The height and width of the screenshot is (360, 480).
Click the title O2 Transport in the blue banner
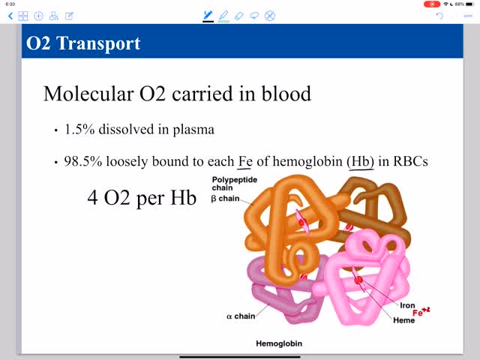point(83,43)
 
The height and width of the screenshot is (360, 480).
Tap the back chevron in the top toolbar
point(10,16)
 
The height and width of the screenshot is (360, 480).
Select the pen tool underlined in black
point(208,15)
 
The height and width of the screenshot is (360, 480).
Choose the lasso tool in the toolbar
point(254,15)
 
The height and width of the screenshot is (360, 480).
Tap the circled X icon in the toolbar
point(270,15)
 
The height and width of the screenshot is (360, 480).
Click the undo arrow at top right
point(440,15)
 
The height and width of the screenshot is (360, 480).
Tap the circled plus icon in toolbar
point(38,16)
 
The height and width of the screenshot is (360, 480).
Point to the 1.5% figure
point(78,130)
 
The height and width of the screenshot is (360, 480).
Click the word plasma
point(194,130)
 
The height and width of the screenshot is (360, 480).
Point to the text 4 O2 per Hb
point(142,199)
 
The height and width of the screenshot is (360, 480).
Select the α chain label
point(240,316)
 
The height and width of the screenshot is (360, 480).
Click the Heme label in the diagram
point(403,320)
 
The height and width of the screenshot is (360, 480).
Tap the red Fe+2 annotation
point(421,312)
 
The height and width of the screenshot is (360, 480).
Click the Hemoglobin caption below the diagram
point(280,343)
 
